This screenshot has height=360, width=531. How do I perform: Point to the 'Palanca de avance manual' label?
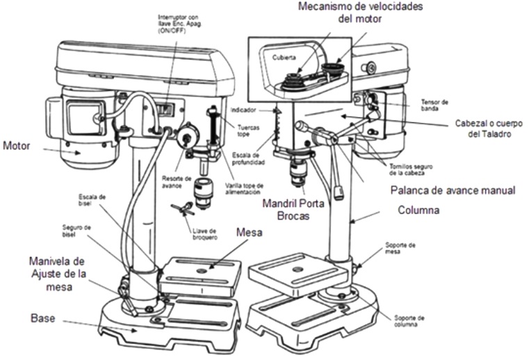click(x=450, y=190)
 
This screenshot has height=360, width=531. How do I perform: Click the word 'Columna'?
click(x=418, y=209)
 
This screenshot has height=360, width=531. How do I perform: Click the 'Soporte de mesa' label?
click(x=402, y=248)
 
